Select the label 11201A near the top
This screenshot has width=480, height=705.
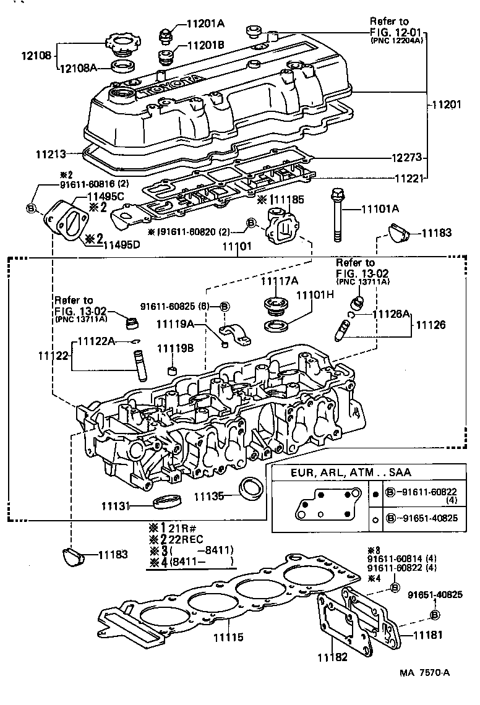[206, 24]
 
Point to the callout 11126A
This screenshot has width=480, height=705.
[391, 314]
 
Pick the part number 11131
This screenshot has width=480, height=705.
[116, 506]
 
